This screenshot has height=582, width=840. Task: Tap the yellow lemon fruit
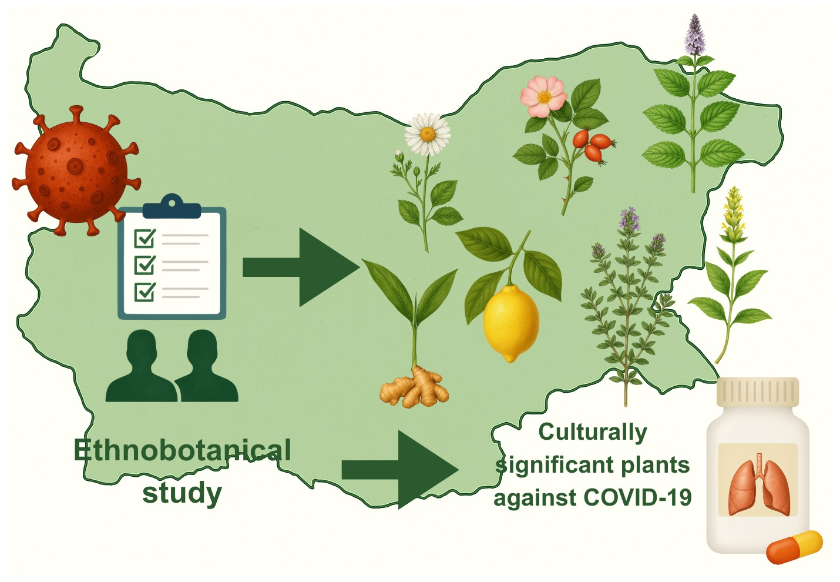click(x=510, y=322)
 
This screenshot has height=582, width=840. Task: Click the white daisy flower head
click(x=428, y=134)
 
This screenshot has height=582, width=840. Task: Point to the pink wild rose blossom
click(x=543, y=96)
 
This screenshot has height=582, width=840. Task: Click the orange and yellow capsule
click(x=795, y=547)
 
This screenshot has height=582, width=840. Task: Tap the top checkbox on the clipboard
click(x=145, y=238)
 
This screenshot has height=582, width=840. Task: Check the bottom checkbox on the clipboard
click(x=145, y=291)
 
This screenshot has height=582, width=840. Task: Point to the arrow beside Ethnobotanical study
click(x=399, y=470)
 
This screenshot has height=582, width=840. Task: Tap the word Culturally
click(x=592, y=432)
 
